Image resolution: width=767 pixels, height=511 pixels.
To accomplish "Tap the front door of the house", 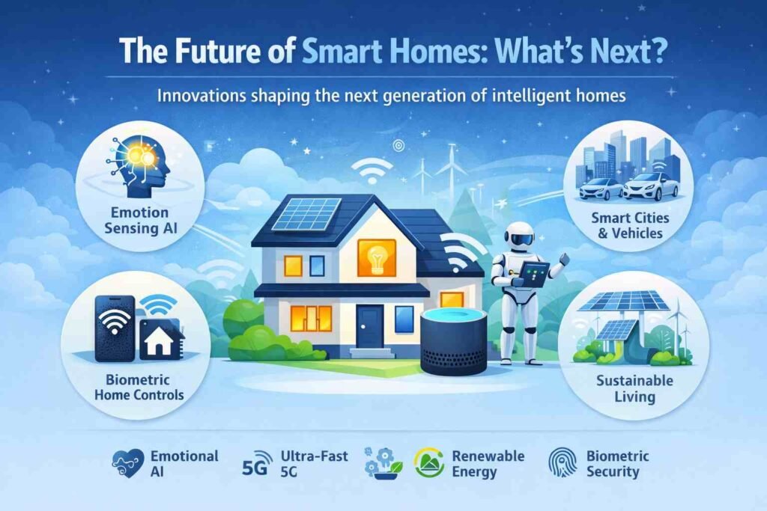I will [x=369, y=325].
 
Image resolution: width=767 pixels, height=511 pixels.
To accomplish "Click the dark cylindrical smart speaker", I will [x=449, y=342].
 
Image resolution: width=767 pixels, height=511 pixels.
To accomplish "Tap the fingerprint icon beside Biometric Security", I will [x=560, y=462].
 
